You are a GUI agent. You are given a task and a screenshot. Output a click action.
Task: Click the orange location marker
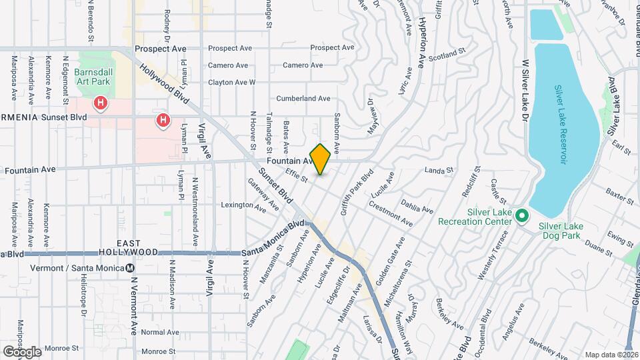[x=320, y=159]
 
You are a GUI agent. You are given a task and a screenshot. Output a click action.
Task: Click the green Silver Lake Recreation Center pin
[x=523, y=216]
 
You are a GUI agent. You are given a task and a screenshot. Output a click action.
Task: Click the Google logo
[x=21, y=351]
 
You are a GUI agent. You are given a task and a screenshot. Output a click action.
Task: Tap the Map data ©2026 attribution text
[x=611, y=355]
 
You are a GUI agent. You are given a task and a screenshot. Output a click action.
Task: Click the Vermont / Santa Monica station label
[x=77, y=268]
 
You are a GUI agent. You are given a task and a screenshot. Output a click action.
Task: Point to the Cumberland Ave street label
[x=303, y=99]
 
